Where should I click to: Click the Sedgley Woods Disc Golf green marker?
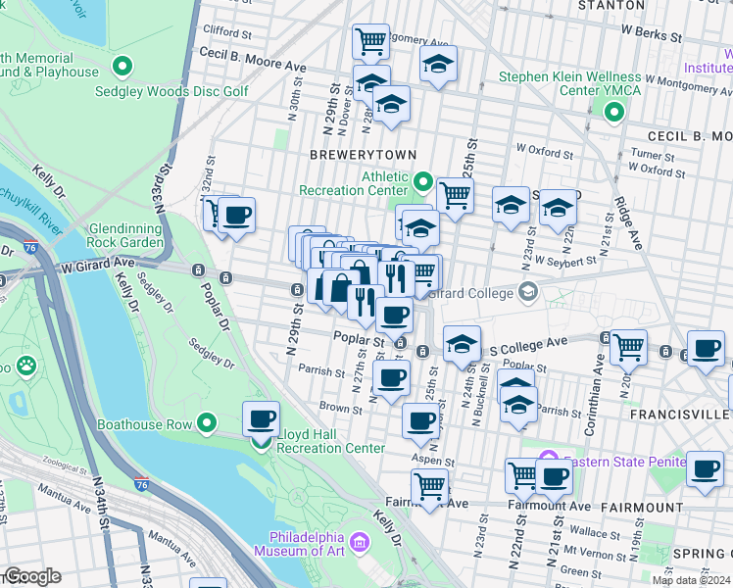pyautogui.click(x=122, y=68)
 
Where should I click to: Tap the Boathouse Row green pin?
pyautogui.click(x=207, y=423)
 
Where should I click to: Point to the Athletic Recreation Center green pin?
pyautogui.click(x=423, y=181)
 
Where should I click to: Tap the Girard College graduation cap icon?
pyautogui.click(x=528, y=291)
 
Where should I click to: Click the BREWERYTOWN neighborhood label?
pyautogui.click(x=363, y=155)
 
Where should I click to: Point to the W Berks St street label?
pyautogui.click(x=654, y=35)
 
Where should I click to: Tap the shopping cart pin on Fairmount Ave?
pyautogui.click(x=429, y=485)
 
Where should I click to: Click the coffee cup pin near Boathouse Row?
pyautogui.click(x=261, y=418)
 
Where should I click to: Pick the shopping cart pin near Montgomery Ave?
pyautogui.click(x=370, y=41)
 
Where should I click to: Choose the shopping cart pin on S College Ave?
pyautogui.click(x=627, y=345)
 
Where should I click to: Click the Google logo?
pyautogui.click(x=32, y=576)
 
